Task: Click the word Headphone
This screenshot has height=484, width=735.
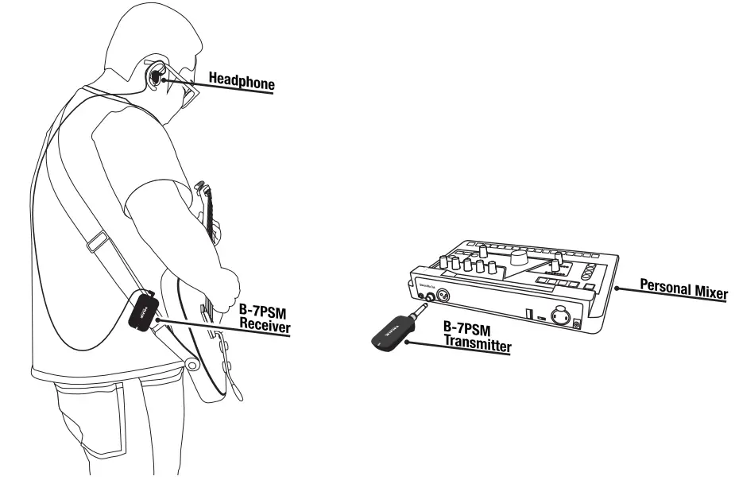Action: click(x=241, y=79)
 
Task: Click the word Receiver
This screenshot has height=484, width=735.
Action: click(x=265, y=327)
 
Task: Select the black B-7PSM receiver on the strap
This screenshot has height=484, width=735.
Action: click(x=143, y=312)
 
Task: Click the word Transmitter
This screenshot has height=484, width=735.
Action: click(x=477, y=347)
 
